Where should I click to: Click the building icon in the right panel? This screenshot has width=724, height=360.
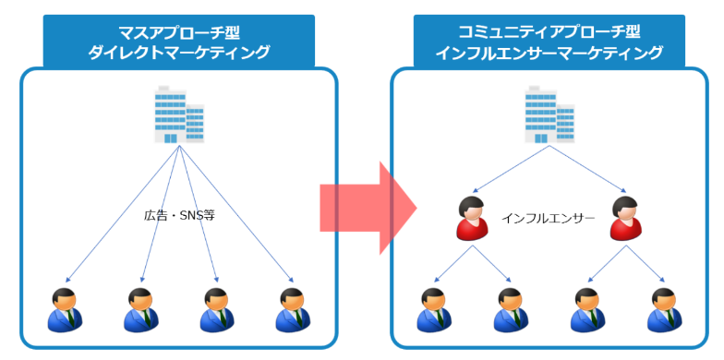click(x=548, y=114)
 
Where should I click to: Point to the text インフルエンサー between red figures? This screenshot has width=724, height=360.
click(x=549, y=219)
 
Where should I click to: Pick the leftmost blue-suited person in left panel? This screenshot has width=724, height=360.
click(x=65, y=310)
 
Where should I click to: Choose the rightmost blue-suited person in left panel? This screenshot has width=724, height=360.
click(x=294, y=310)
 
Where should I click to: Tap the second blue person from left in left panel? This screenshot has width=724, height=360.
click(x=141, y=310)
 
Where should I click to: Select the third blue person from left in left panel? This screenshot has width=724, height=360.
click(x=217, y=310)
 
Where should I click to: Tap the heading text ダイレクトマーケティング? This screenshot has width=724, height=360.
click(x=179, y=54)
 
